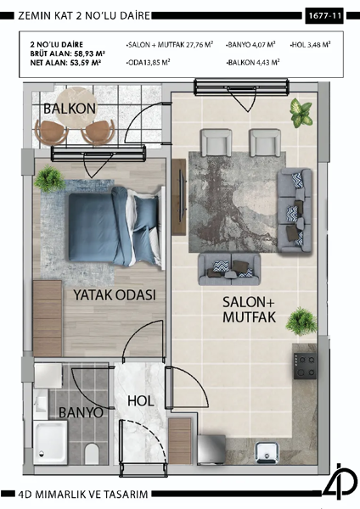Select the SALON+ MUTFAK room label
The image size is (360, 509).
click(x=251, y=310)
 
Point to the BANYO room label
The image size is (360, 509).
click(x=81, y=412)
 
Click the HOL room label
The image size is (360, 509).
click(x=139, y=401)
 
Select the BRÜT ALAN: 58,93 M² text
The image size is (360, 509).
click(x=66, y=52)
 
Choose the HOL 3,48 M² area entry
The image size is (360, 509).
click(x=310, y=42)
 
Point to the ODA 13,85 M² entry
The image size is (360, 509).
click(x=148, y=62)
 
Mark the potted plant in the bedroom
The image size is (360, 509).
click(x=50, y=179)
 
